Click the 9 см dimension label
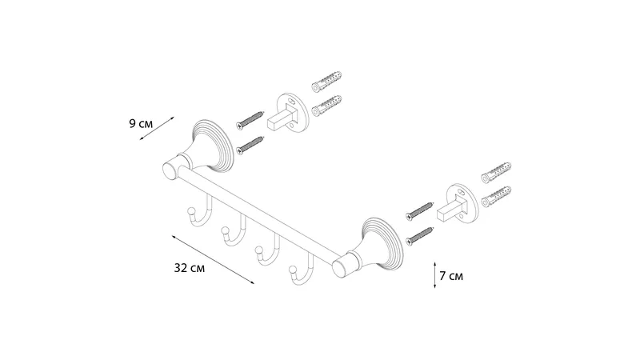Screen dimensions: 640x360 (x=141, y=123)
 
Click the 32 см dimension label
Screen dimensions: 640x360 (x=190, y=268)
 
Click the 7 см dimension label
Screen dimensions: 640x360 (x=451, y=276)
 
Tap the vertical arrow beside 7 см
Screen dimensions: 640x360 (x=435, y=275)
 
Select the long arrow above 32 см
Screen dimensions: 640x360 (x=213, y=259)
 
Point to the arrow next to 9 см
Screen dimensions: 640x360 (x=157, y=129)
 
